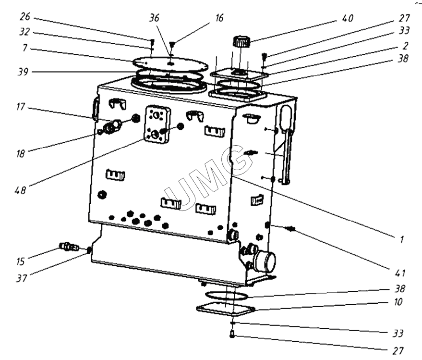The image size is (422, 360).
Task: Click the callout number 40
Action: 348,19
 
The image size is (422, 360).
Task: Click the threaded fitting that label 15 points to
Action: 68,247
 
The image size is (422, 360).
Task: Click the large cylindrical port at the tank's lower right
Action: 265,261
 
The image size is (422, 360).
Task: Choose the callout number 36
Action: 155,18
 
